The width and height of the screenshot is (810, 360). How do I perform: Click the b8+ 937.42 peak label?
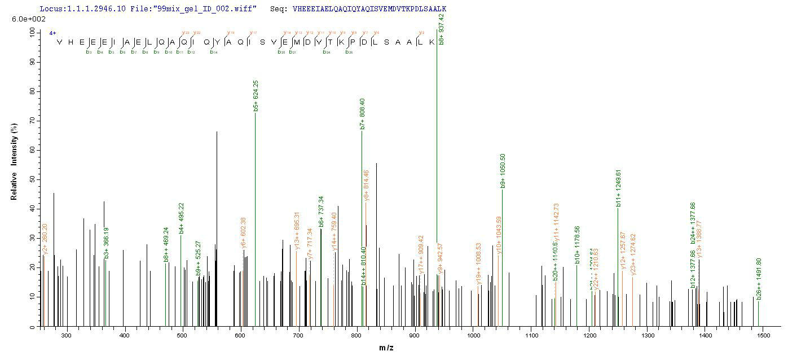click(441, 29)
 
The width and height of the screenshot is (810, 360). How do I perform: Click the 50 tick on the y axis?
click(29, 179)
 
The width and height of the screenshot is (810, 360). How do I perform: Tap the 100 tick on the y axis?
click(29, 33)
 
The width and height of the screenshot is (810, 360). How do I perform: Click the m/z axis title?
click(386, 348)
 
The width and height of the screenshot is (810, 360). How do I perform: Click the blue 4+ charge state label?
click(52, 33)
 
